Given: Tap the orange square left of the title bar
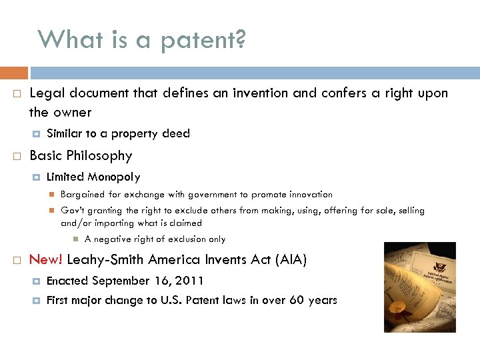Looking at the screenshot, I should [x=14, y=72].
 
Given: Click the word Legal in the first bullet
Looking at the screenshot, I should [x=46, y=93].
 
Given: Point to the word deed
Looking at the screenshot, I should [x=176, y=133].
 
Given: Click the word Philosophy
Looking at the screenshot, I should [x=101, y=156].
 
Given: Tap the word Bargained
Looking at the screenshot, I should [x=83, y=195].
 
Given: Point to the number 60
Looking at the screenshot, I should [x=296, y=300].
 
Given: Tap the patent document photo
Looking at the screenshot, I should [x=419, y=287].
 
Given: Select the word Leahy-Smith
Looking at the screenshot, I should [x=97, y=260].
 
